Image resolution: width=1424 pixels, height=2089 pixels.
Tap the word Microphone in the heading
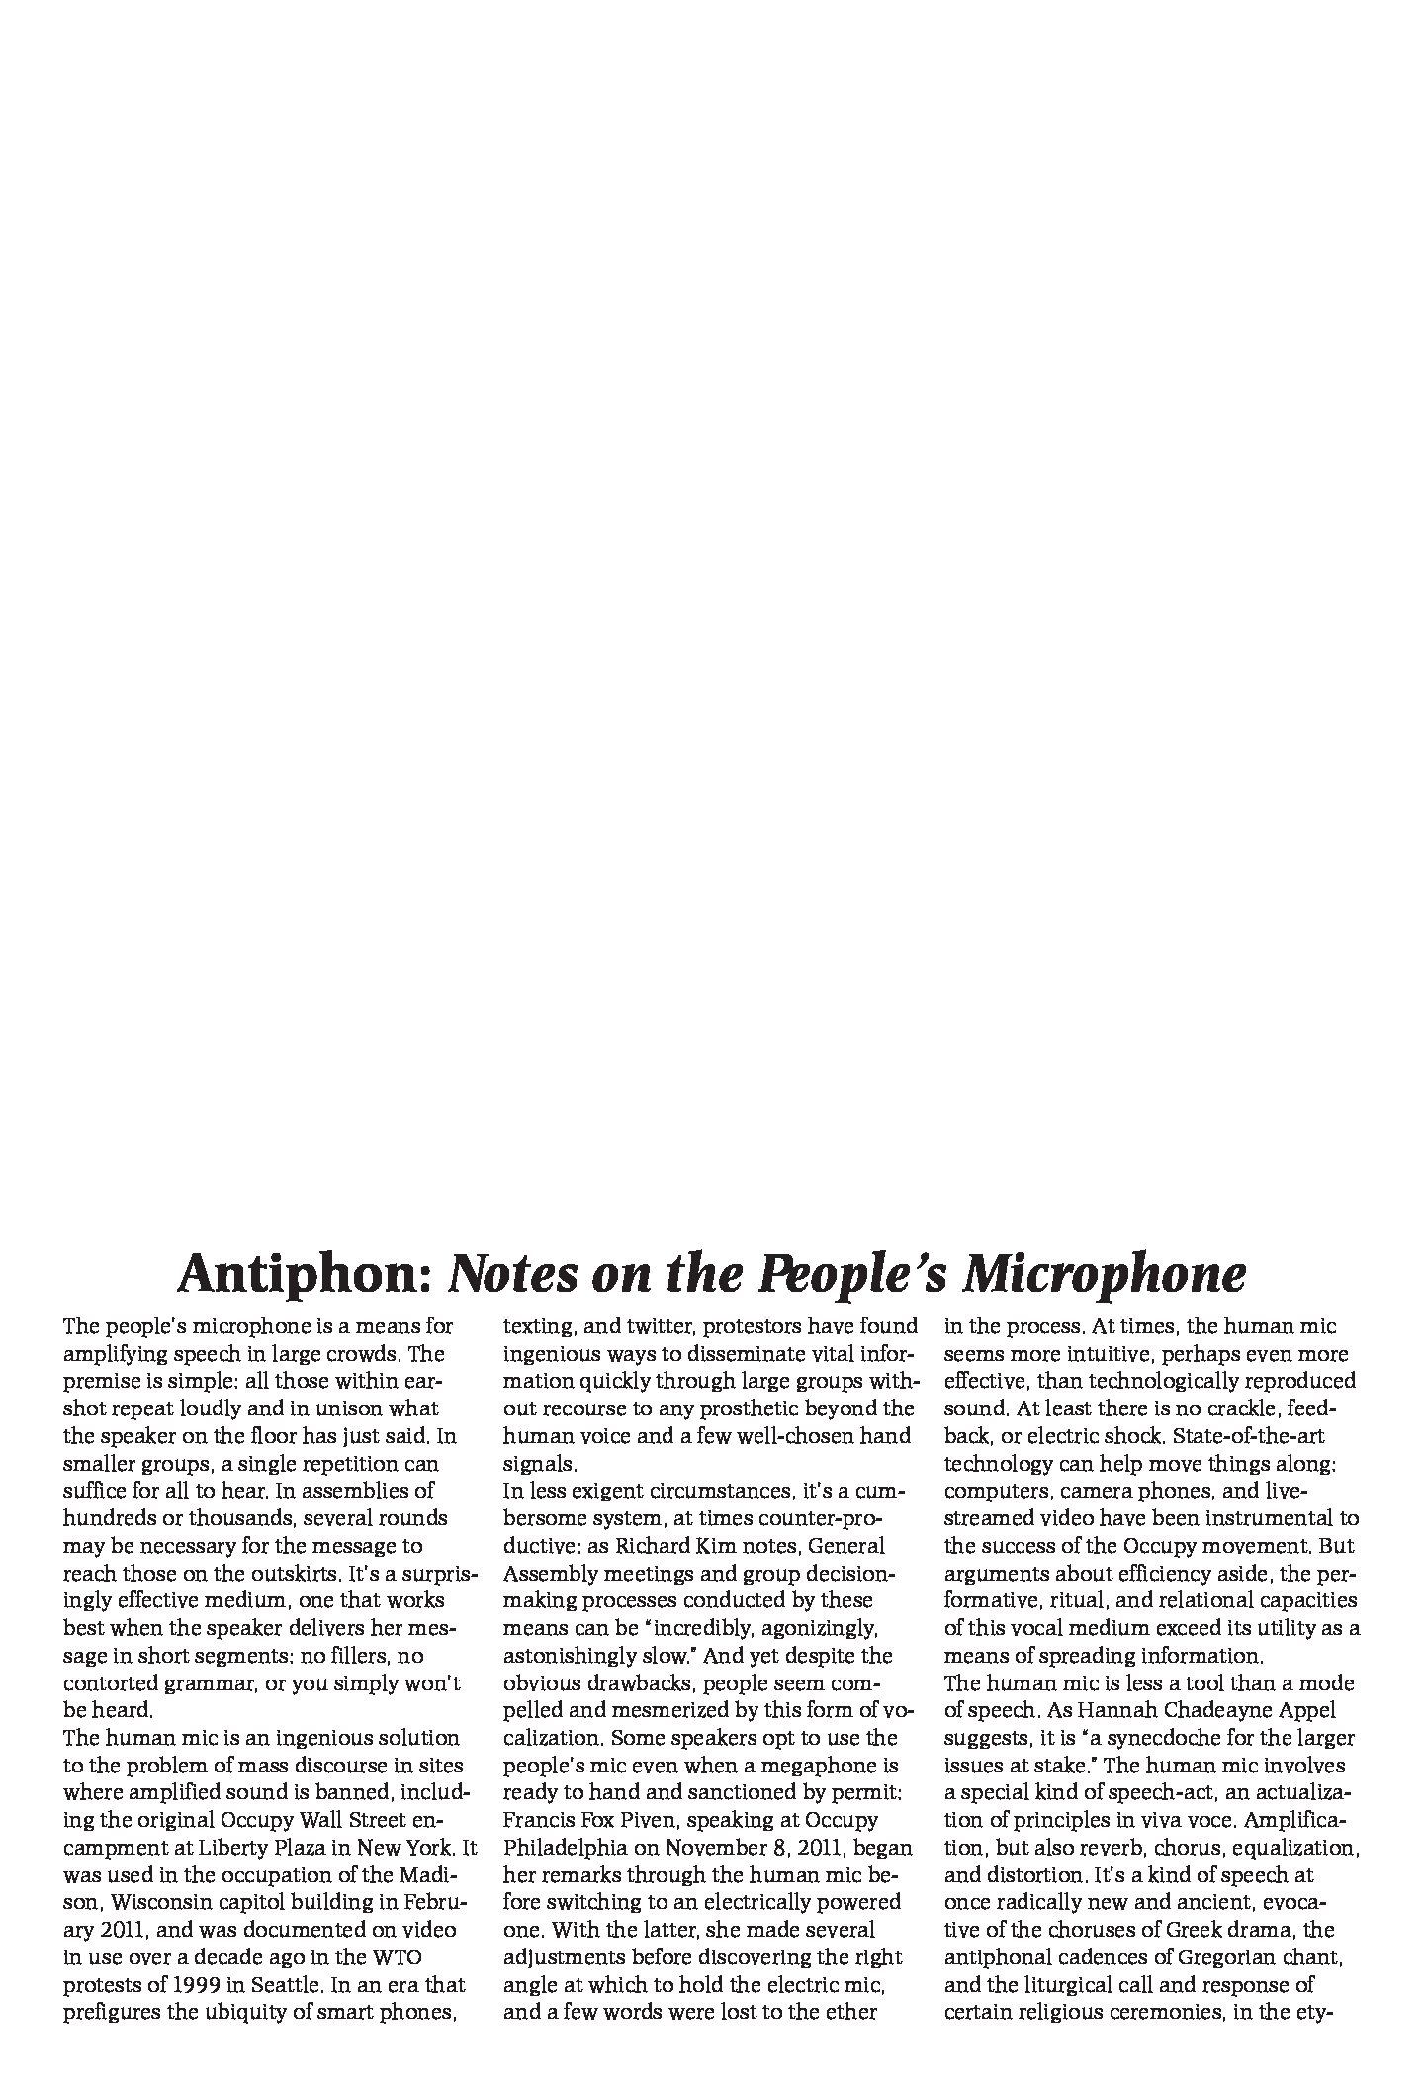[x=1104, y=1274]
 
